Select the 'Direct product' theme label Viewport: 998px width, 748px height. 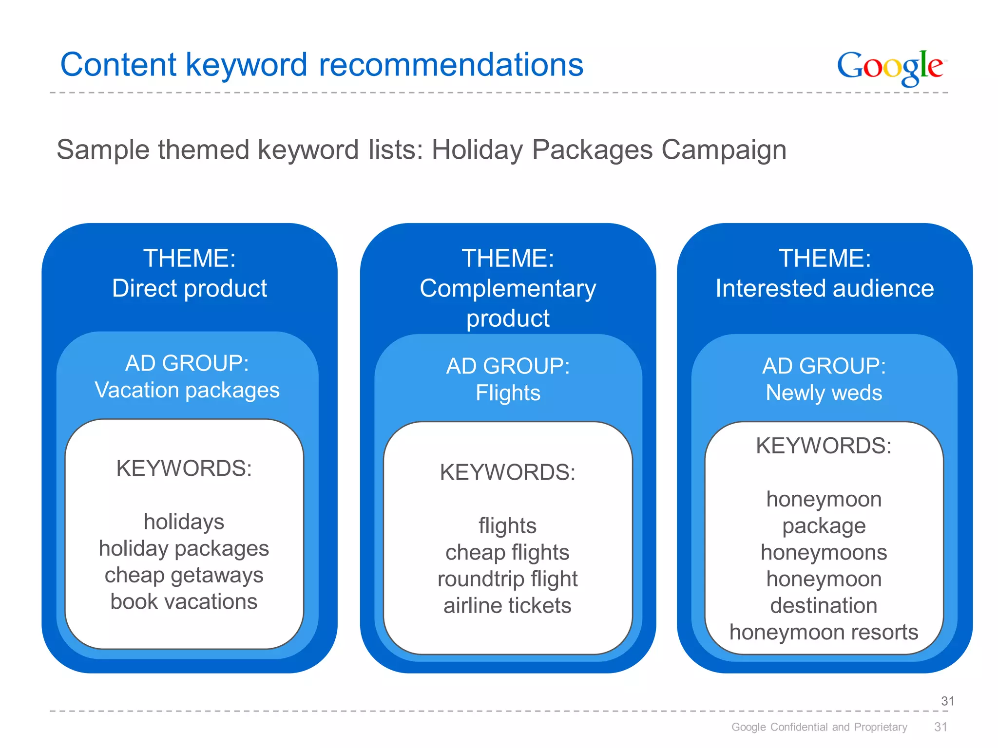190,288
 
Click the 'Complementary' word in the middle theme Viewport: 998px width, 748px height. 508,288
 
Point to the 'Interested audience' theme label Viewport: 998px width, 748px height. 825,288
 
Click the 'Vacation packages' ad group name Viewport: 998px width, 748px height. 187,390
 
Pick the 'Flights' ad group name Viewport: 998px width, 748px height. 508,393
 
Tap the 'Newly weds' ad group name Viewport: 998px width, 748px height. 824,393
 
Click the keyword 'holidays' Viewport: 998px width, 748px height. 184,522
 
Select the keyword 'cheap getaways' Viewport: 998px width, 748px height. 184,575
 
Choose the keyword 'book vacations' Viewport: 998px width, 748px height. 184,602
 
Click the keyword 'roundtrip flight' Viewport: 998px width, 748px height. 507,580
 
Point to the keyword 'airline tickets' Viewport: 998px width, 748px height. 507,606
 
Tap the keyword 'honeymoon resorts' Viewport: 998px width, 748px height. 824,633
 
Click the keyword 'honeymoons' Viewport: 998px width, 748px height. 824,553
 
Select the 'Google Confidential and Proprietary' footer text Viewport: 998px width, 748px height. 819,727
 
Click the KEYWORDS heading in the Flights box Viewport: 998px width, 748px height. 507,472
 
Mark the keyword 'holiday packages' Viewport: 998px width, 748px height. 184,549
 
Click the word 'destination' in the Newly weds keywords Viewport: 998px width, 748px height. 824,606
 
